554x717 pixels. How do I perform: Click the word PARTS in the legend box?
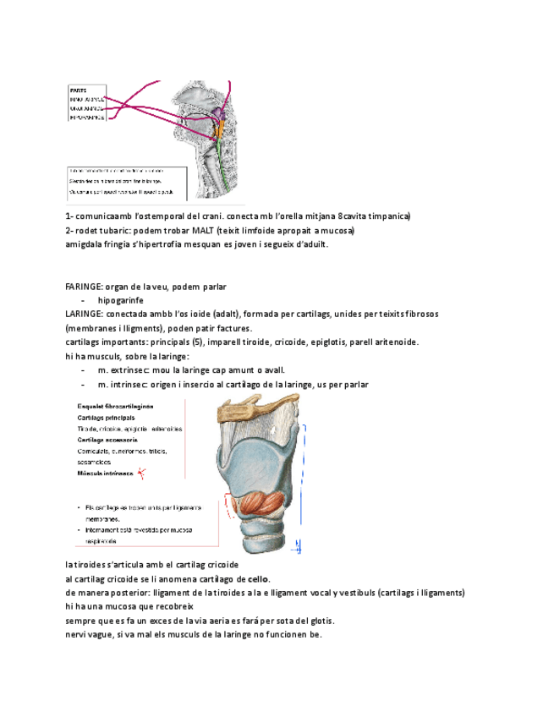[77, 90]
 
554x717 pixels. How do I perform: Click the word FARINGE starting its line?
[83, 286]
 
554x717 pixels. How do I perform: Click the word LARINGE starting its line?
[83, 314]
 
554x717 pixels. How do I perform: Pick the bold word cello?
[258, 578]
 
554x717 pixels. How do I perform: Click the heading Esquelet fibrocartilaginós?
[115, 407]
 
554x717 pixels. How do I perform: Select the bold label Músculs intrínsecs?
[106, 473]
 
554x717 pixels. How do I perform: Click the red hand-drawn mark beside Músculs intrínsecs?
[142, 473]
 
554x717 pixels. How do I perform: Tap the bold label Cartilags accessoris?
[107, 440]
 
